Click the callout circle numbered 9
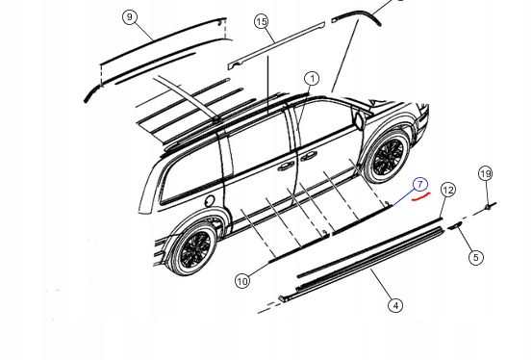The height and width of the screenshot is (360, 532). pos(131,17)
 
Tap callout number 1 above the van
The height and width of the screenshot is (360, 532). pos(311,79)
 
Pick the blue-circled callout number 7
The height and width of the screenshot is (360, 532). pos(419,184)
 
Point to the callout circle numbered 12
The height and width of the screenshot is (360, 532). pos(446,191)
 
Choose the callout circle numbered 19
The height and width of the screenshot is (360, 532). pos(486,174)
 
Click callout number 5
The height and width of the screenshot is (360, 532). pos(475,257)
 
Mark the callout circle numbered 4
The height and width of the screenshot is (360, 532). pos(395,305)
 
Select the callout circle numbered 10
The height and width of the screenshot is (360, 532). pos(241,281)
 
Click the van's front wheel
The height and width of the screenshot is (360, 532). pos(389,156)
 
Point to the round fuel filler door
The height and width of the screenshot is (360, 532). pos(210,201)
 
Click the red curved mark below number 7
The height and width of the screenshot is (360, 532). pos(420,198)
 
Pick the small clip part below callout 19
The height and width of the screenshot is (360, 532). pos(490,206)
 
